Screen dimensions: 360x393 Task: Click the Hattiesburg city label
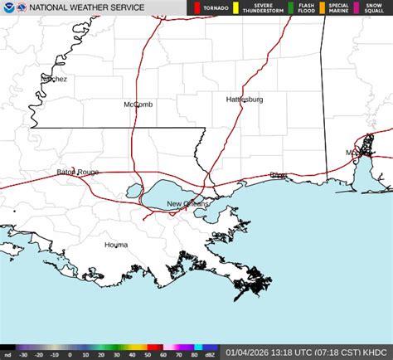point(245,100)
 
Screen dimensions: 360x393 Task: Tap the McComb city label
point(138,105)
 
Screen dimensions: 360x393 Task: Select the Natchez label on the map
point(54,80)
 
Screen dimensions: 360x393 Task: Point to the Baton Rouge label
point(78,173)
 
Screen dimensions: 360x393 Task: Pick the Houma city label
point(116,245)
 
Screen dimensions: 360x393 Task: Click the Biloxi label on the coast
point(278,176)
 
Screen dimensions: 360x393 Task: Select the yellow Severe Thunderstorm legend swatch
point(236,8)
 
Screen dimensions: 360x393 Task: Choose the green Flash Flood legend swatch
point(290,8)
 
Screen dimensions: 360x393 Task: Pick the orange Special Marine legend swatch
point(324,8)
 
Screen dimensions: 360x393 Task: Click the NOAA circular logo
point(8,8)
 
